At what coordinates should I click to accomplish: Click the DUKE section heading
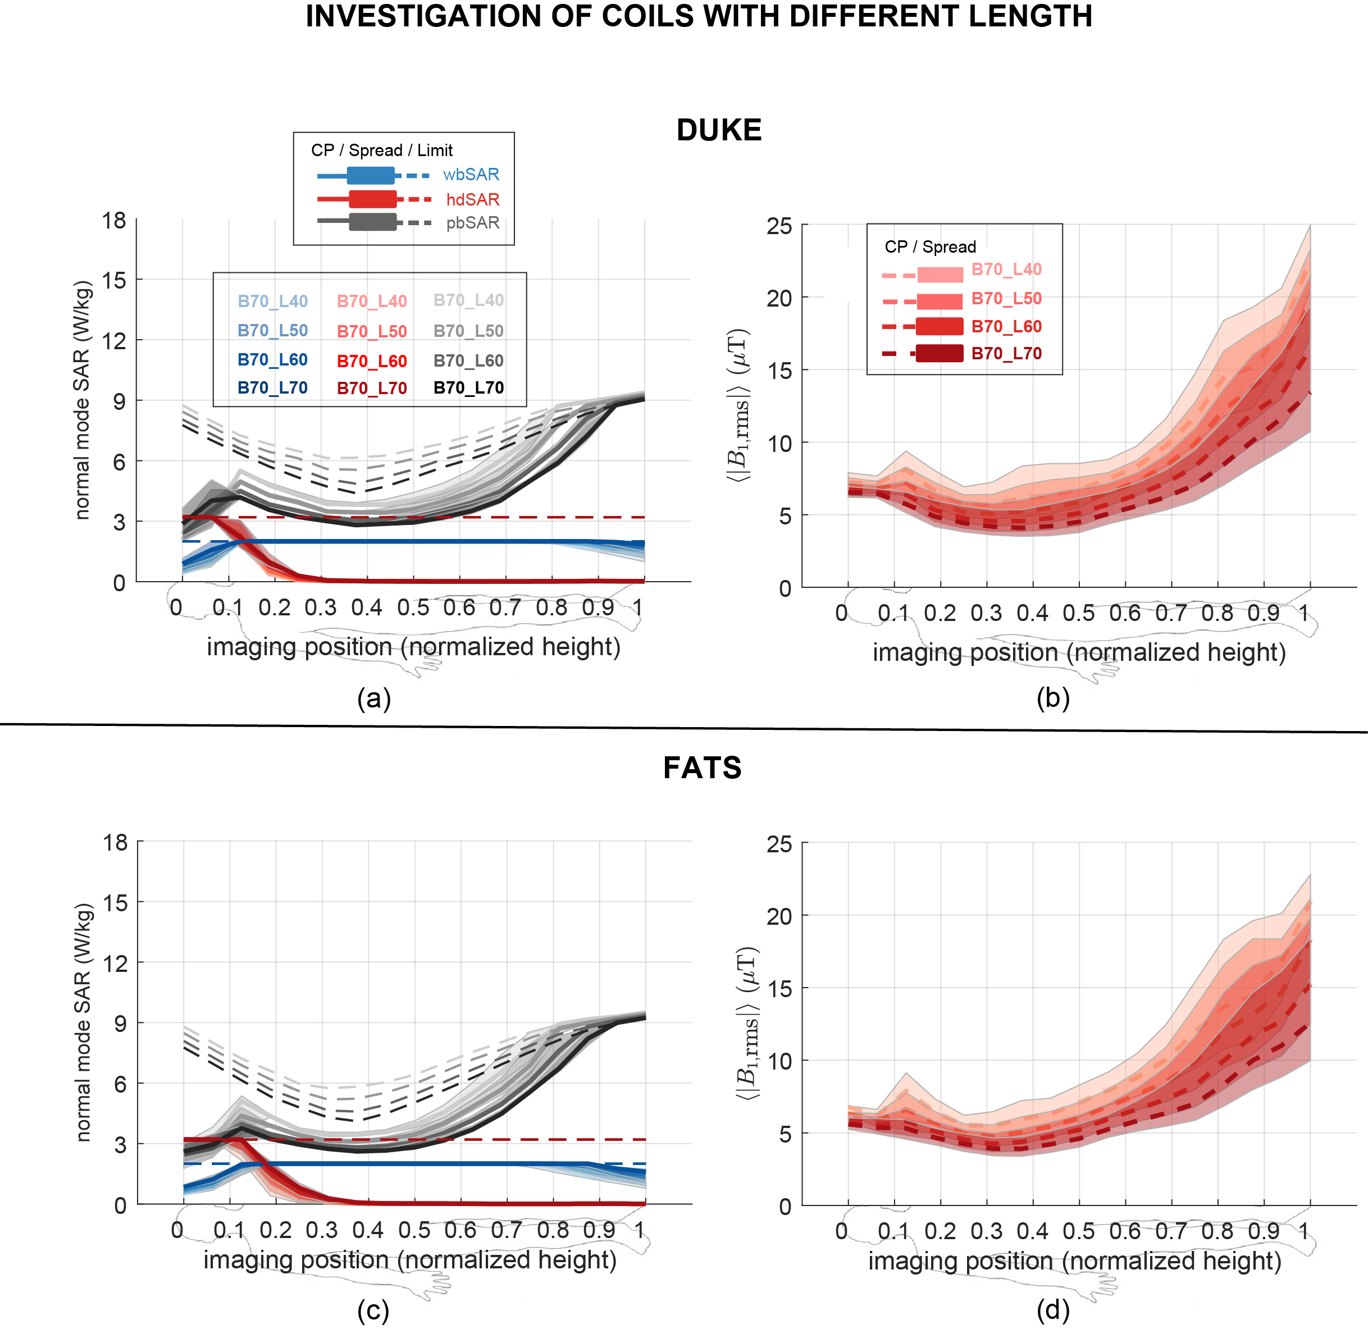[x=719, y=130]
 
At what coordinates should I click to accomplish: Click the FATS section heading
[x=702, y=768]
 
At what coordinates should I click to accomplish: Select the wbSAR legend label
[x=471, y=175]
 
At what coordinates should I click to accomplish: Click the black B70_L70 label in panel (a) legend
[x=468, y=387]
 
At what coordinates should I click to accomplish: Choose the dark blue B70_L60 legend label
[x=272, y=359]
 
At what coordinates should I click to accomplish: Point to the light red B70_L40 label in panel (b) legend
[x=1006, y=270]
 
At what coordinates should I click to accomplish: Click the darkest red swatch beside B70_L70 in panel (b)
[x=940, y=354]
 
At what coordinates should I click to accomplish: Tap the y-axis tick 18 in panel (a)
[x=114, y=221]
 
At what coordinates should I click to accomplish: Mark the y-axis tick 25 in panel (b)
[x=779, y=226]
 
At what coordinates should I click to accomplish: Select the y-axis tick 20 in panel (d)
[x=779, y=916]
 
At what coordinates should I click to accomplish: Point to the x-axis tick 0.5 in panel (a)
[x=413, y=608]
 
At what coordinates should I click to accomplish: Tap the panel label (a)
[x=373, y=698]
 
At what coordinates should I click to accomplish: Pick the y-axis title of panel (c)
[x=83, y=1022]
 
